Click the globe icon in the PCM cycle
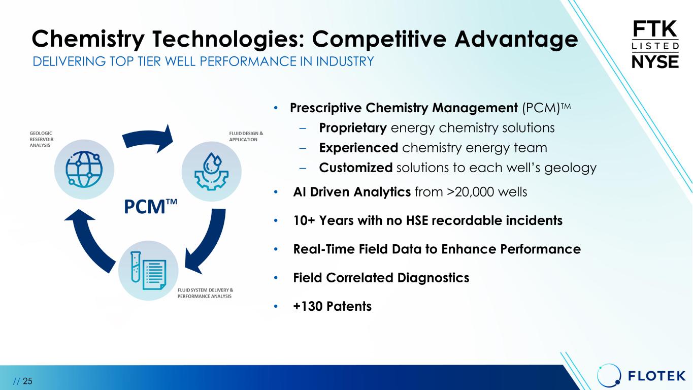[84, 169]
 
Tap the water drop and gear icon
[212, 171]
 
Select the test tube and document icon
[148, 270]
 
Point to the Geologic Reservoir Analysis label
[42, 139]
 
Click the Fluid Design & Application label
[246, 137]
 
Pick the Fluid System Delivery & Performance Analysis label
[205, 293]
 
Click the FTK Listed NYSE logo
[655, 44]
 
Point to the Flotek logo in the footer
[641, 376]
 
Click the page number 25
[27, 381]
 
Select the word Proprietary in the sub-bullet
[353, 128]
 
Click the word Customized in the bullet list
[356, 168]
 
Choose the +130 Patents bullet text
[332, 306]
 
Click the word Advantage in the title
[516, 40]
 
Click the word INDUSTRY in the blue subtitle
[345, 61]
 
